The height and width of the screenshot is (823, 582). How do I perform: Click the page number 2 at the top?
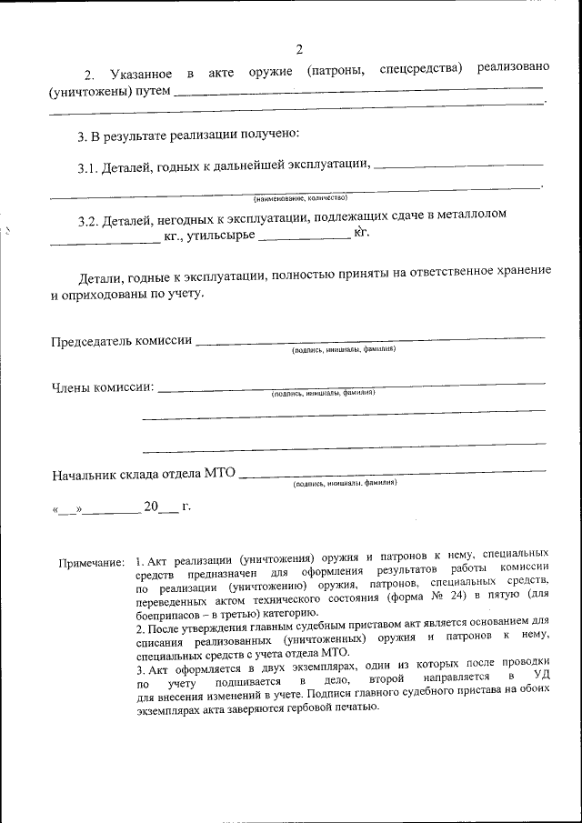pyautogui.click(x=299, y=49)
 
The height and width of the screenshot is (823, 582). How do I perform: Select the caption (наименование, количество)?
pyautogui.click(x=300, y=196)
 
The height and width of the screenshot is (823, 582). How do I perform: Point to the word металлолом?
pyautogui.click(x=470, y=215)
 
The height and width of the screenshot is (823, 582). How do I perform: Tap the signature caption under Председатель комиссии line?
pyautogui.click(x=343, y=349)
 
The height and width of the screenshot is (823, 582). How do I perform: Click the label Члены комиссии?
pyautogui.click(x=102, y=388)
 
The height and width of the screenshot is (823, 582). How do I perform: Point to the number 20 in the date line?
pyautogui.click(x=151, y=506)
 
